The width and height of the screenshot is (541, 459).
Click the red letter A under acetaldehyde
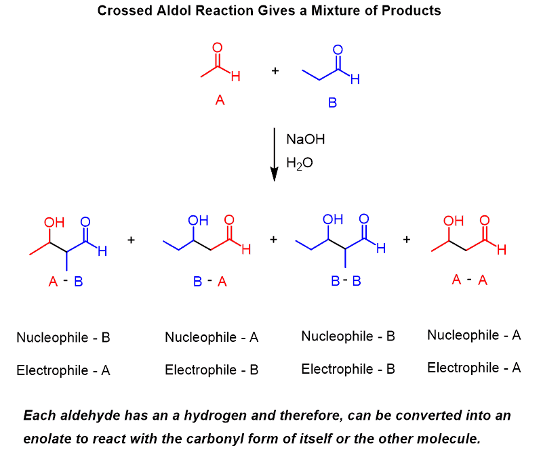[220, 100]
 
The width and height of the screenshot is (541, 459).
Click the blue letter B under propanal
[332, 103]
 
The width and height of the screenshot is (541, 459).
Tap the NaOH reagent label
[306, 139]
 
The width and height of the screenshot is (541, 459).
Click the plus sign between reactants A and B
[275, 70]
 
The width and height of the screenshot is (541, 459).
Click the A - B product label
[66, 282]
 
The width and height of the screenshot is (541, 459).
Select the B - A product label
[210, 282]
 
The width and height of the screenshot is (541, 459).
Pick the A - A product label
[470, 280]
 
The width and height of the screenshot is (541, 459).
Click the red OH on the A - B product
[53, 222]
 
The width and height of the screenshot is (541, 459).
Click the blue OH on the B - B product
[333, 219]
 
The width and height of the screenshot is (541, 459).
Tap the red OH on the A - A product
[453, 221]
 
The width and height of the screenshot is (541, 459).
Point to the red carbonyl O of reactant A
[218, 47]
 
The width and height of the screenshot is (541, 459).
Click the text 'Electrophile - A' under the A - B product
[63, 370]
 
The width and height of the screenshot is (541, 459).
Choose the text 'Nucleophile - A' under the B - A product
[212, 337]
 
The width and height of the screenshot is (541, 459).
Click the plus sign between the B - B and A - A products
[407, 239]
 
